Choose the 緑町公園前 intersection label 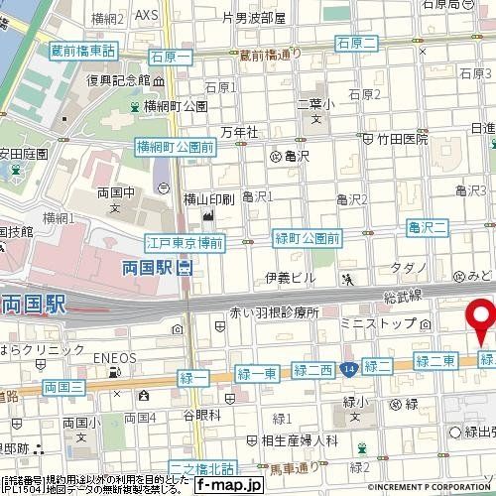307,238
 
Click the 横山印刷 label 208,199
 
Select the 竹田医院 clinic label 401,141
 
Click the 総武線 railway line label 401,296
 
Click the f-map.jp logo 227,485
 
